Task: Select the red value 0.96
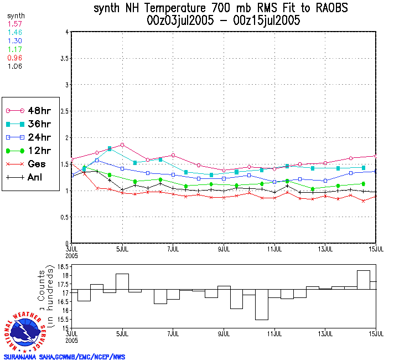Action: [13, 58]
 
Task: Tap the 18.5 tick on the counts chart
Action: [62, 267]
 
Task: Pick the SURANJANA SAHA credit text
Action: [64, 357]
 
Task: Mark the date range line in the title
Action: [224, 21]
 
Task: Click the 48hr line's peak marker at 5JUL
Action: [122, 145]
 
